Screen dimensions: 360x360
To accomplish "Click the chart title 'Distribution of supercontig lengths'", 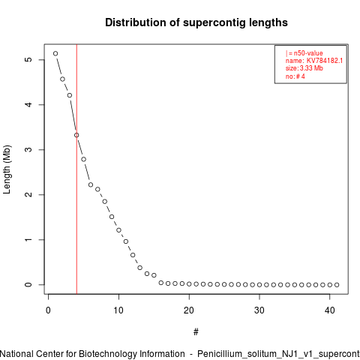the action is coord(196,22).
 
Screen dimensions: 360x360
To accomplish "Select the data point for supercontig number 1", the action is coord(55,53).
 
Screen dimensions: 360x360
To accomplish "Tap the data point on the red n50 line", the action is coord(76,135).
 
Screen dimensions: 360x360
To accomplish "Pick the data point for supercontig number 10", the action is coord(118,230).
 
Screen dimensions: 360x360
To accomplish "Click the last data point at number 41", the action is coord(337,285).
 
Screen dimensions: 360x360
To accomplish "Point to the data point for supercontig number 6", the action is coord(91,184).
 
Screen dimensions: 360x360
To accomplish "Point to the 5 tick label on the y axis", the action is coord(29,59).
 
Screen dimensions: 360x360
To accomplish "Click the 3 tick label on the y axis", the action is coord(29,149).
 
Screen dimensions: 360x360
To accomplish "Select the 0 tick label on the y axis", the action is coord(29,284).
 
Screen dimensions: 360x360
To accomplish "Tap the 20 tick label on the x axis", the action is coord(189,310).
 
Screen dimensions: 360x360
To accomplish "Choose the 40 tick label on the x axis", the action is coord(330,310).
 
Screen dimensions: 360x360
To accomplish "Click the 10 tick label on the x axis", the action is coord(118,310).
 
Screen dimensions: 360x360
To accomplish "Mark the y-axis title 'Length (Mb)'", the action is coord(7,169).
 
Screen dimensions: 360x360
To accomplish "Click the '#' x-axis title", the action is coord(196,332).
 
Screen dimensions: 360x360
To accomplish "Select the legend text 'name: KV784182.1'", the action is coord(314,61).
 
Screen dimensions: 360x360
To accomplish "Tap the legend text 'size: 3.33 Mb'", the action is coord(304,68).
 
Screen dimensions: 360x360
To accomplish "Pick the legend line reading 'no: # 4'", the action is coord(295,76).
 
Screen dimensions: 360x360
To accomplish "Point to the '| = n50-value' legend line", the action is coord(304,53).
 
